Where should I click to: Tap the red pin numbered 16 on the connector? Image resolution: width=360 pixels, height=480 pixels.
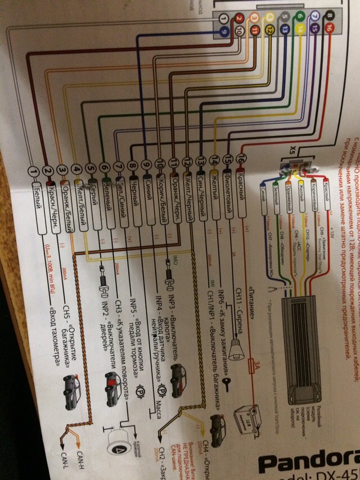coord(330,27)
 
